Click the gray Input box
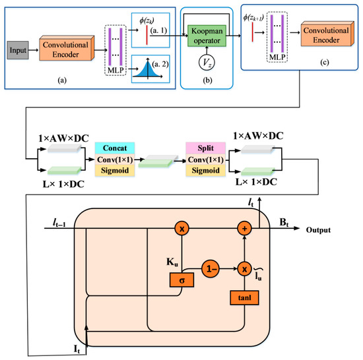click(x=18, y=50)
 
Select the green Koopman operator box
click(x=207, y=36)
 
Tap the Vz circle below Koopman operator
click(x=207, y=63)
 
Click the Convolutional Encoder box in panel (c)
click(x=327, y=34)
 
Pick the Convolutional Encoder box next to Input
click(x=67, y=48)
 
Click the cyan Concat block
click(x=115, y=148)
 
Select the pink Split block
click(x=205, y=148)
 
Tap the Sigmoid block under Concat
click(x=115, y=171)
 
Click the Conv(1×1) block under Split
click(x=205, y=160)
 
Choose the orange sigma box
click(x=181, y=280)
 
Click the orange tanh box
click(x=244, y=298)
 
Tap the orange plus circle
click(x=244, y=228)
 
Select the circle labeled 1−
click(x=211, y=269)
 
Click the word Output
click(x=318, y=230)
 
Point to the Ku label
click(x=172, y=262)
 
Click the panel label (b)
click(x=207, y=80)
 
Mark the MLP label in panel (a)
click(x=115, y=70)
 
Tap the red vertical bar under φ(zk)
click(x=147, y=35)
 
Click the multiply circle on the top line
click(x=181, y=228)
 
